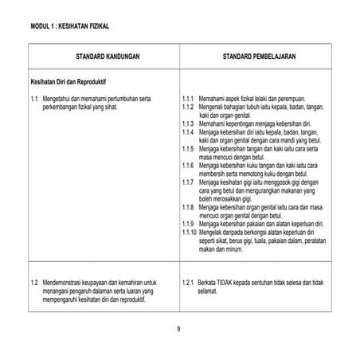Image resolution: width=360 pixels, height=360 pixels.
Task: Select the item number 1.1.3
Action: (188, 123)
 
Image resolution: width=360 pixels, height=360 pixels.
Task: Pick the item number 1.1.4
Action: (188, 132)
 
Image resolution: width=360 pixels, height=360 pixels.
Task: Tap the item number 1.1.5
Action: (188, 149)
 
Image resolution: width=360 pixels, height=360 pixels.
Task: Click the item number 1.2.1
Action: (188, 283)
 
